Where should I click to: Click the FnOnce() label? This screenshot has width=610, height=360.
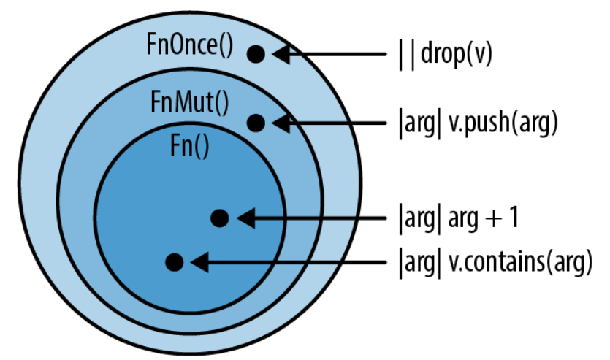coord(190,45)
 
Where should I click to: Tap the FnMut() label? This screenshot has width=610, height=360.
coord(190,102)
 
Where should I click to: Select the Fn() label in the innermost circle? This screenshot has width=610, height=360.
coord(190,147)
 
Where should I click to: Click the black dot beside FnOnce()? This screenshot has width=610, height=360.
coord(256,54)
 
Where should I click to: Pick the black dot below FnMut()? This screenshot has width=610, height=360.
coord(256,123)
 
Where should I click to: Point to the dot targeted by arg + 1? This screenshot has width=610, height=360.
coord(220,218)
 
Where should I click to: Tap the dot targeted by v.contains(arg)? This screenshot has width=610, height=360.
coord(175,262)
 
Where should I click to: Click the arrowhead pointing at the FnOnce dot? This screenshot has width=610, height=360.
coord(281,54)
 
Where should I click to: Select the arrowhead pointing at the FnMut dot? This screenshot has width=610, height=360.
coord(281,123)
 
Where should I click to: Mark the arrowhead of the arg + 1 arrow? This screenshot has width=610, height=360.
coord(246,218)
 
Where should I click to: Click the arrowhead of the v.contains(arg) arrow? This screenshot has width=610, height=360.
coord(199,262)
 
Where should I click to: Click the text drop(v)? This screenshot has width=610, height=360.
coord(457,53)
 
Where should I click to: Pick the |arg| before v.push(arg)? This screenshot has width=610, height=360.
coord(420,123)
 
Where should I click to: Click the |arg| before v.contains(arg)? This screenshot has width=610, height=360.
coord(420,263)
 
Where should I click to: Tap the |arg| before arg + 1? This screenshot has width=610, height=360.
coord(420,219)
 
